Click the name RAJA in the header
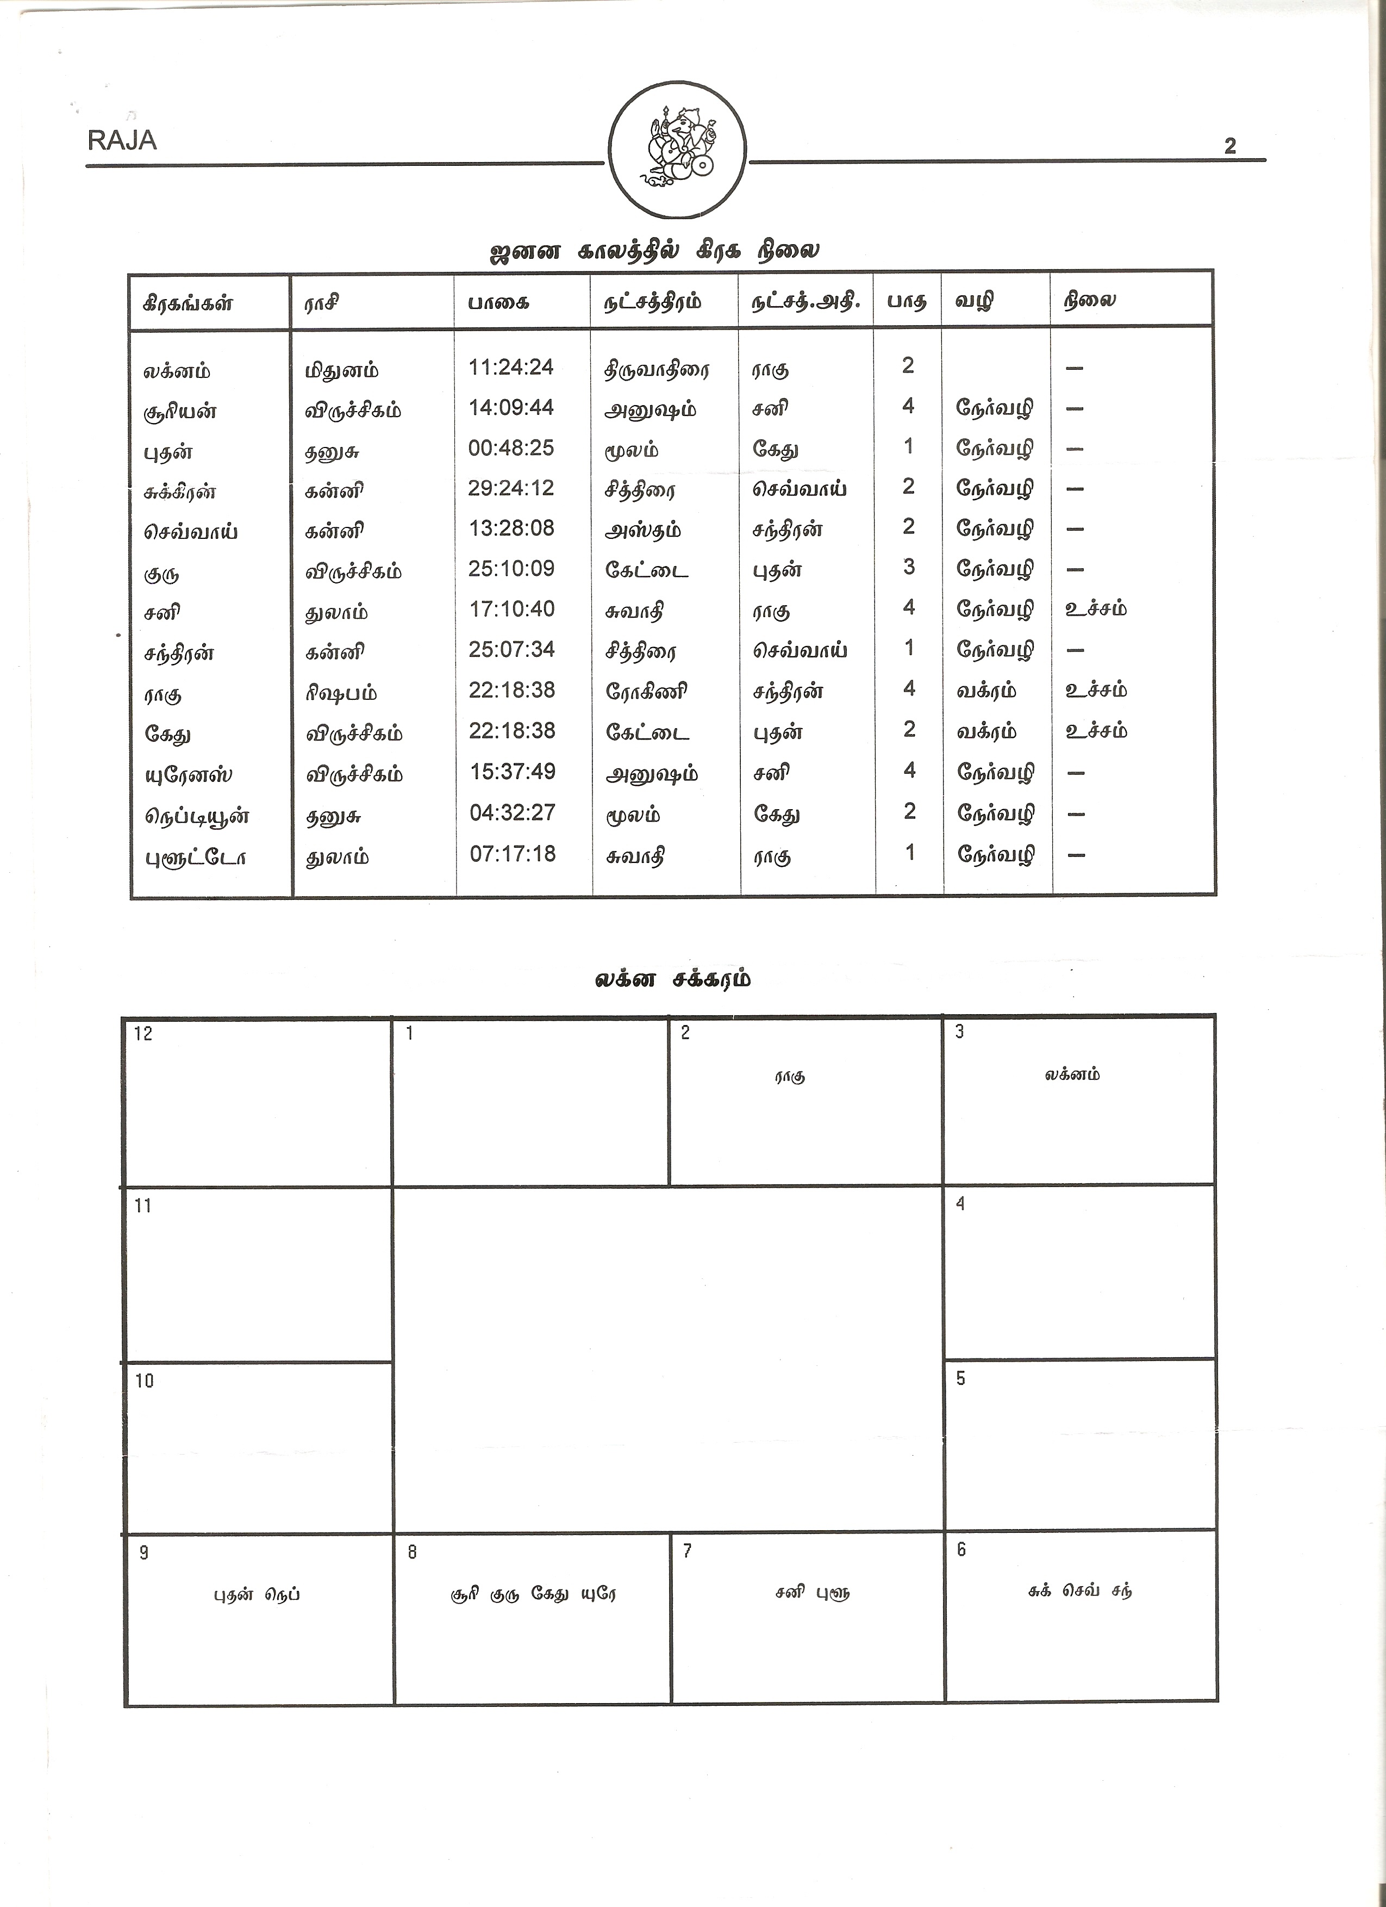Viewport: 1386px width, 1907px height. point(122,140)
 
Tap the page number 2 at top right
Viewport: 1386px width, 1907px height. point(1229,146)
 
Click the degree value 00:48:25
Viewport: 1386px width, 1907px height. point(511,448)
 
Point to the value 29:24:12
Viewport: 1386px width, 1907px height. point(511,488)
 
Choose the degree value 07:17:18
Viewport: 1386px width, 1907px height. point(512,853)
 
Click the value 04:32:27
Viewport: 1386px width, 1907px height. point(512,812)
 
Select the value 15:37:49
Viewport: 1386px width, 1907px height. point(512,772)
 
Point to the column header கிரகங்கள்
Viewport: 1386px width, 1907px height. point(188,303)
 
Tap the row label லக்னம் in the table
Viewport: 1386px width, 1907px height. point(177,371)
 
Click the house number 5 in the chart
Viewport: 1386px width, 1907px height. point(961,1378)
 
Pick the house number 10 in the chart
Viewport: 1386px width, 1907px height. point(145,1381)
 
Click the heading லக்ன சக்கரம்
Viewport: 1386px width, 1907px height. point(672,979)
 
